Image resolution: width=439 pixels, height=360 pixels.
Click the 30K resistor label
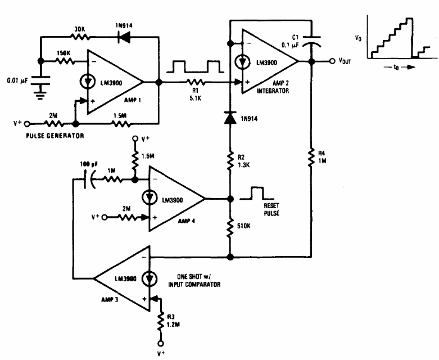[80, 29]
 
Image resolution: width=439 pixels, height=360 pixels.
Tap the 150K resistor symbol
[65, 61]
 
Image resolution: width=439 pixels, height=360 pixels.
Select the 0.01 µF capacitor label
[17, 81]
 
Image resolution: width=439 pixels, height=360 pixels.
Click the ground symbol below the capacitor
[40, 95]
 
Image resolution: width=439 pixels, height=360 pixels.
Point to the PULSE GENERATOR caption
[55, 136]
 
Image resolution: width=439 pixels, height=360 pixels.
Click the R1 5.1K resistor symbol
[196, 82]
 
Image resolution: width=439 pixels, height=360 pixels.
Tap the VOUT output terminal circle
[332, 61]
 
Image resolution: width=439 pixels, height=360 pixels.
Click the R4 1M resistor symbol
[311, 157]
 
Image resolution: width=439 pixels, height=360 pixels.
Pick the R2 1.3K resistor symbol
[230, 161]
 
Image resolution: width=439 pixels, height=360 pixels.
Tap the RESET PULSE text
[271, 209]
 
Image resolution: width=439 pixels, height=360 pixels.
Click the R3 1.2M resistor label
[173, 321]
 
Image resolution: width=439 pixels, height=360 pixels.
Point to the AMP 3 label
[110, 299]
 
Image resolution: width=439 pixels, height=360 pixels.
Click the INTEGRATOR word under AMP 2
[273, 91]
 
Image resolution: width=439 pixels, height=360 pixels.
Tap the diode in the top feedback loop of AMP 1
[124, 37]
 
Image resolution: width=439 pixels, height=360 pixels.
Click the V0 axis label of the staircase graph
[358, 38]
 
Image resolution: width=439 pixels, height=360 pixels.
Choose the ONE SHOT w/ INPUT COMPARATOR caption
[194, 281]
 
